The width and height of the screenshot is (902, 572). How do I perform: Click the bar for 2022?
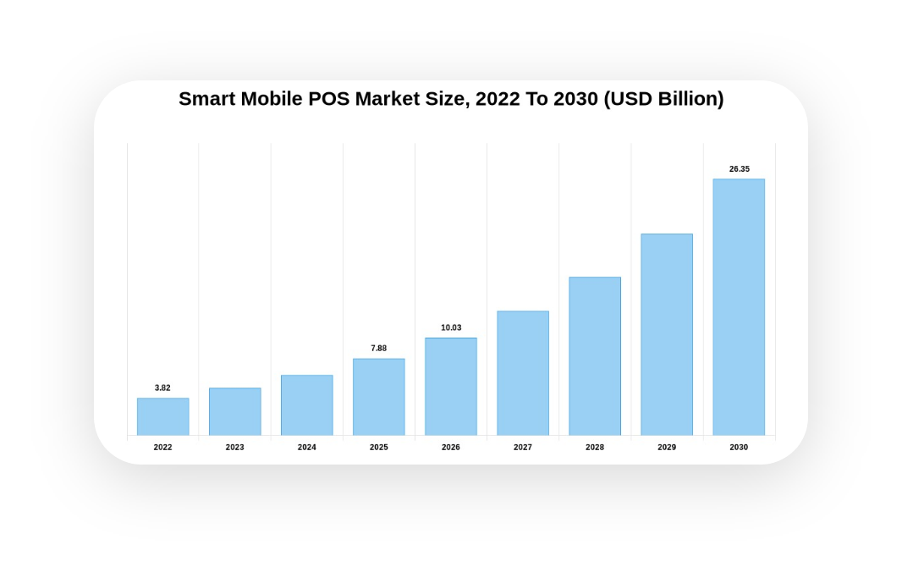162,416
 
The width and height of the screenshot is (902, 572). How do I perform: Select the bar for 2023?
234,411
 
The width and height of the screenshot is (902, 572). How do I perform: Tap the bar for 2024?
306,404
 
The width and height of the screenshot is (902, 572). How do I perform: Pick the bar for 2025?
378,397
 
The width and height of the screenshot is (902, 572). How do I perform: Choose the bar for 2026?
450,387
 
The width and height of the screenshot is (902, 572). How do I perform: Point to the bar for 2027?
522,373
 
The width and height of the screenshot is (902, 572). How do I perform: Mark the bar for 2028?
594,356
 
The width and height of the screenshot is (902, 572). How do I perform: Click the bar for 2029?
666,334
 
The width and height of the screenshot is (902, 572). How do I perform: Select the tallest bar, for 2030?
738,307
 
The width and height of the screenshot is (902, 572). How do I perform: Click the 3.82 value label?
162,388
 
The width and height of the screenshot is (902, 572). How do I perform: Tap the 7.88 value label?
378,348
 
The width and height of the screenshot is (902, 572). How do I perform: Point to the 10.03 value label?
451,327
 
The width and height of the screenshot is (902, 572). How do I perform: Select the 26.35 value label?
739,168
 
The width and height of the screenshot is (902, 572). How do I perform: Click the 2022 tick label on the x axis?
162,447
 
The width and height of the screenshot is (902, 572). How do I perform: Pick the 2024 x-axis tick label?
306,447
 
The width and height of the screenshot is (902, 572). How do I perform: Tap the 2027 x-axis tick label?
522,447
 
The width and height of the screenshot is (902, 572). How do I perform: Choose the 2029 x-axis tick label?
666,447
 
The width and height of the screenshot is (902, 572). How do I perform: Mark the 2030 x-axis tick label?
738,447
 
